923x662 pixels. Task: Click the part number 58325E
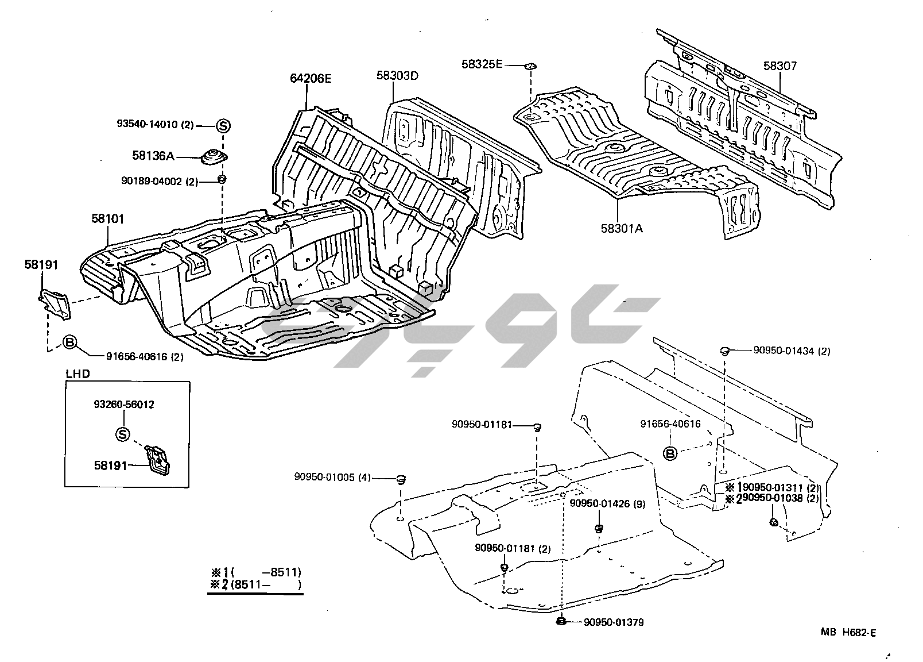tap(482, 64)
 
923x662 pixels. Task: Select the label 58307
tap(779, 66)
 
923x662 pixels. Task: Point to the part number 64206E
tap(311, 79)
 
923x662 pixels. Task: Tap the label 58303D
tap(397, 75)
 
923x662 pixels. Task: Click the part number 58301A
tap(622, 228)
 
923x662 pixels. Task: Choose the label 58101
tap(107, 219)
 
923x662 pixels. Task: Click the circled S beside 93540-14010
tap(223, 126)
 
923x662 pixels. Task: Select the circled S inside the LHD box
tap(123, 434)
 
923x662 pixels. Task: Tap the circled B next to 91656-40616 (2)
tap(69, 343)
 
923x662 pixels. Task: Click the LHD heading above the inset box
tap(77, 374)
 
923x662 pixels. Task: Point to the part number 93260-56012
tap(123, 405)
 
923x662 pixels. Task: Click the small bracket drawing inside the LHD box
tap(159, 460)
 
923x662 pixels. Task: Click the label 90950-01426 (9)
tap(607, 504)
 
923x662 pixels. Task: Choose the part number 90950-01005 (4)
tap(333, 476)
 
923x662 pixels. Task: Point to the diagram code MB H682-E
tap(848, 633)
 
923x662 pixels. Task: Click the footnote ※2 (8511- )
tap(255, 585)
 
